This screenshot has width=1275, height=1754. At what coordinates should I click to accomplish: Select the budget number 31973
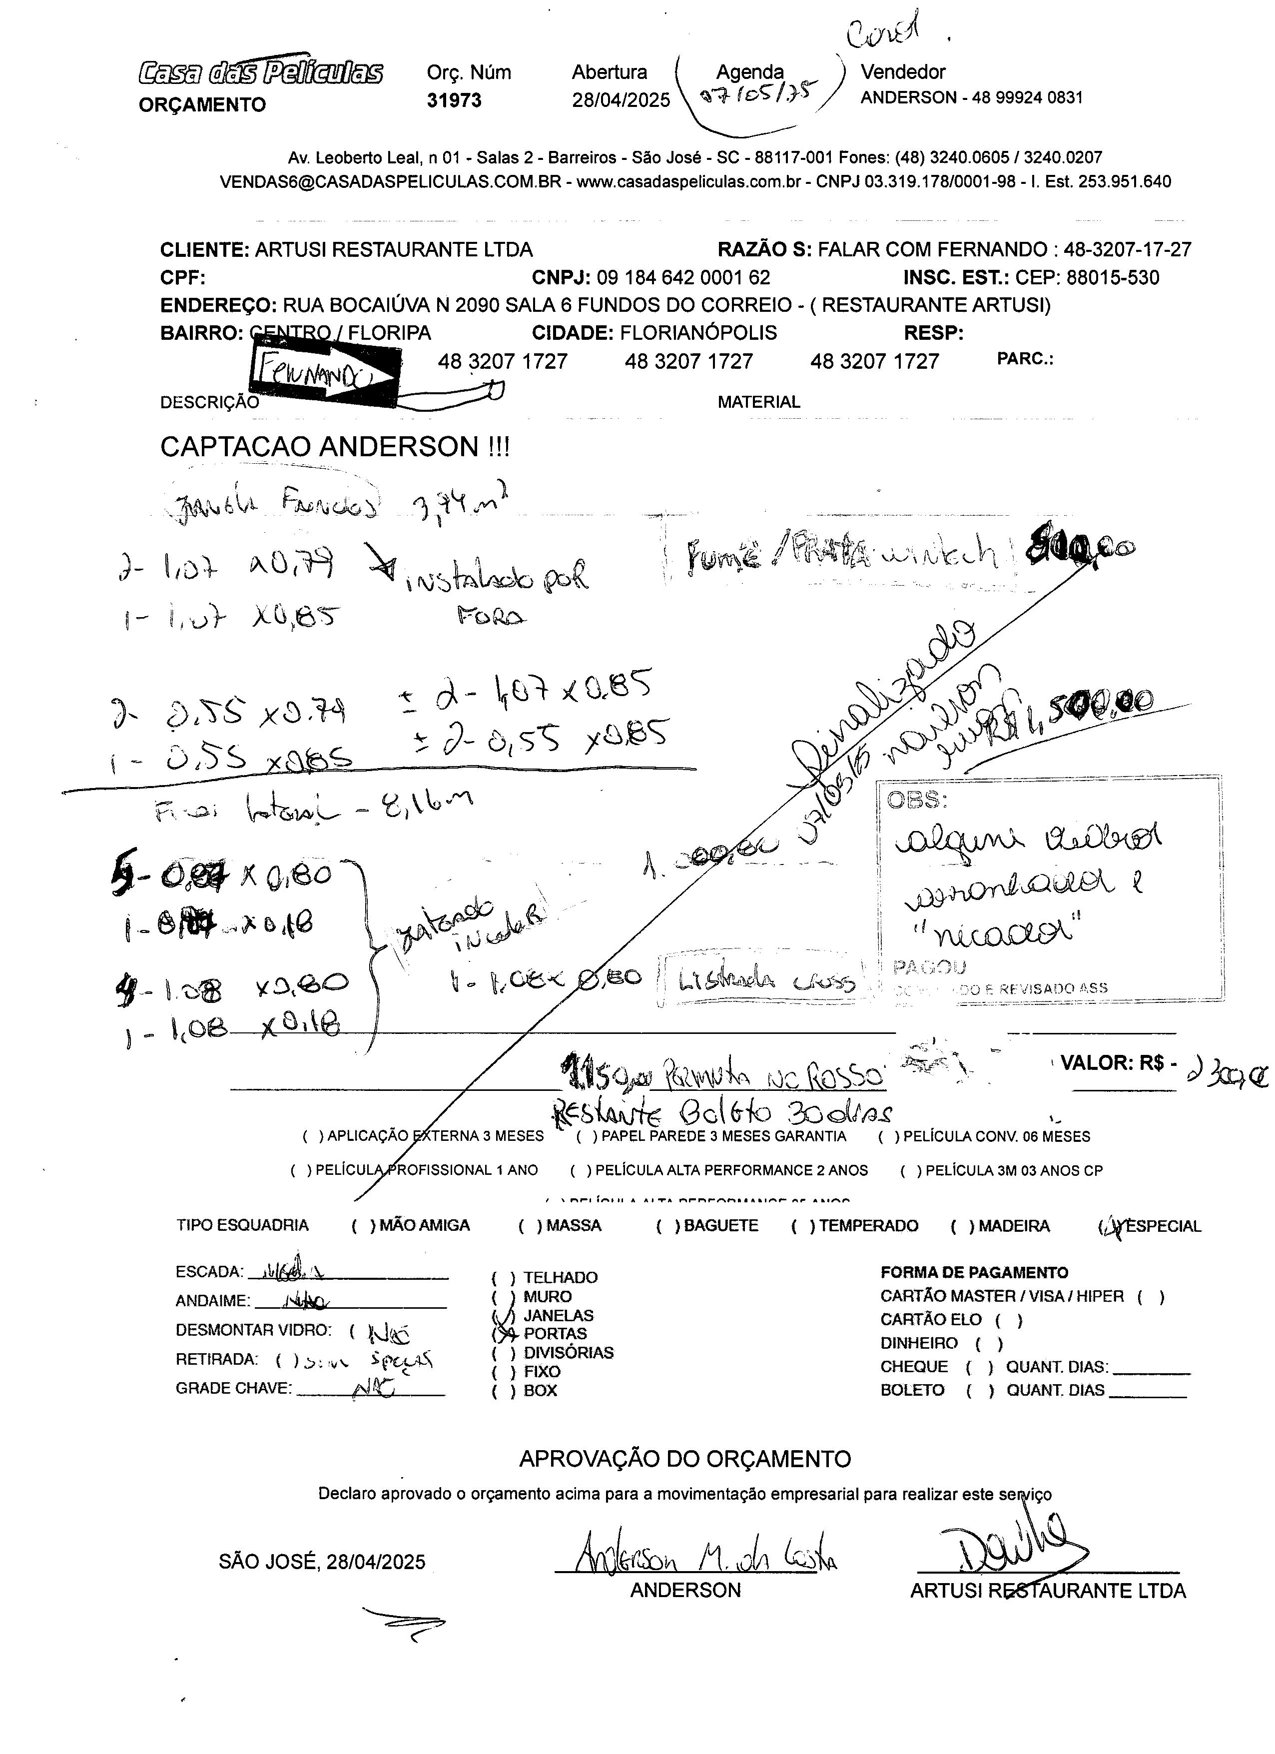454,100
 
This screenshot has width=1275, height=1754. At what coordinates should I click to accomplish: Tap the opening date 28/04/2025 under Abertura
621,100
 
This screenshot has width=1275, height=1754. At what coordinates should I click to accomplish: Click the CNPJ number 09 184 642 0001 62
683,278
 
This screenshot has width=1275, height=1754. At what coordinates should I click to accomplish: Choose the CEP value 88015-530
1113,278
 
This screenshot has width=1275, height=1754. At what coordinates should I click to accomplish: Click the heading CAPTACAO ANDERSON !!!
335,447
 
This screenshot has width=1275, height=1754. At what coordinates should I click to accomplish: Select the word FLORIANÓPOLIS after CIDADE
698,333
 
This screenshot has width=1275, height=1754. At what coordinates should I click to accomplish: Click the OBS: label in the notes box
916,799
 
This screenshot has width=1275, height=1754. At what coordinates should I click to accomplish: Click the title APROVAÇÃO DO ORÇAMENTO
685,1459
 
